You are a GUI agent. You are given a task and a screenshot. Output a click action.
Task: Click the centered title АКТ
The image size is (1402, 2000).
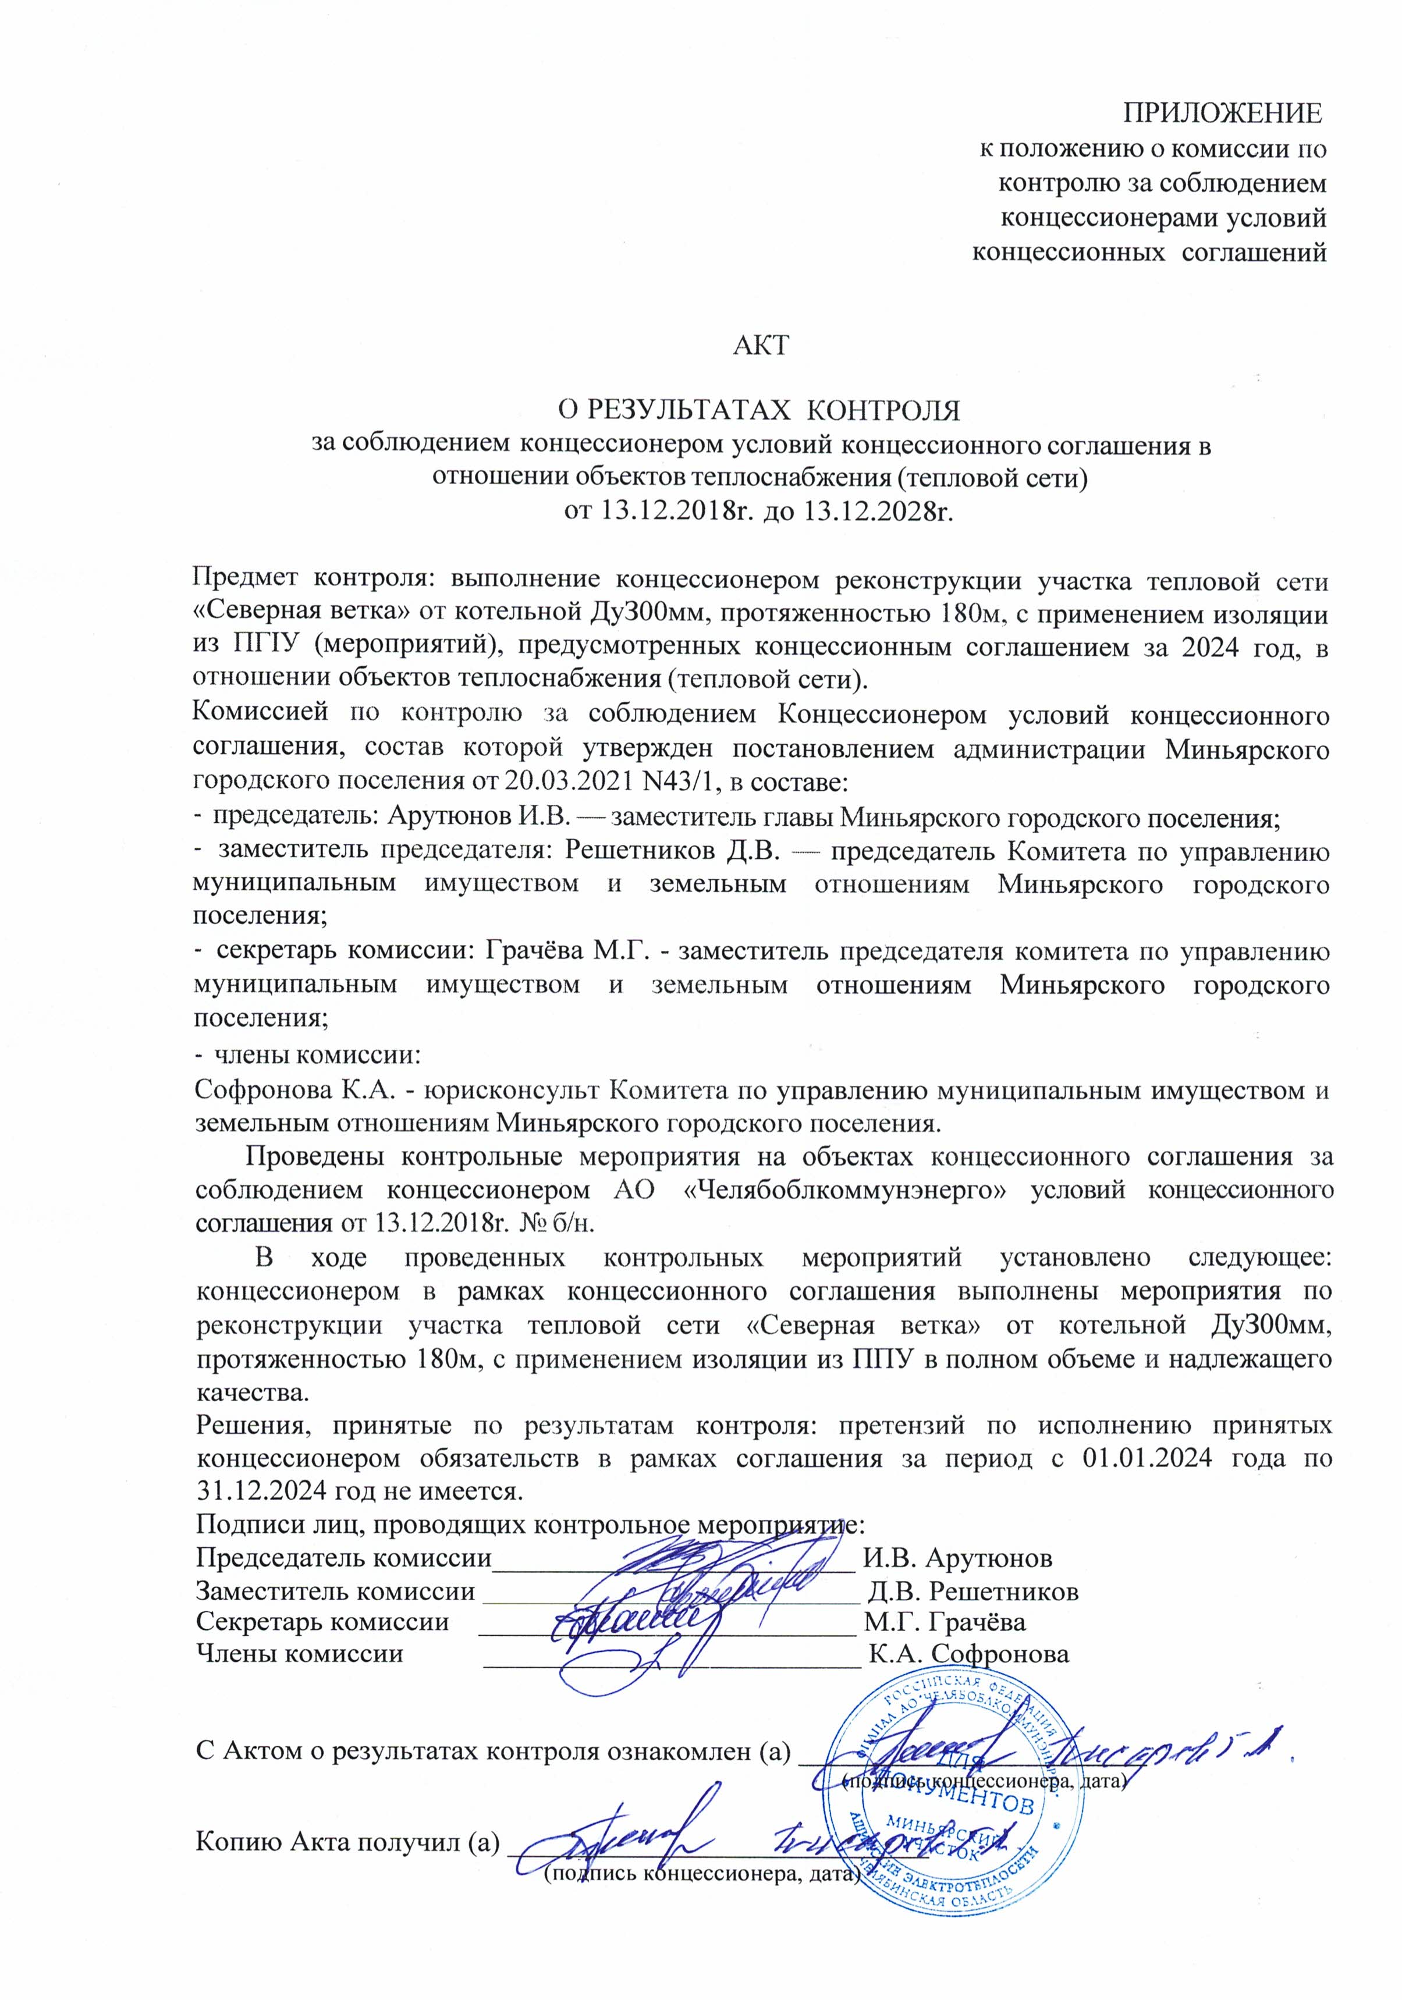click(760, 346)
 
